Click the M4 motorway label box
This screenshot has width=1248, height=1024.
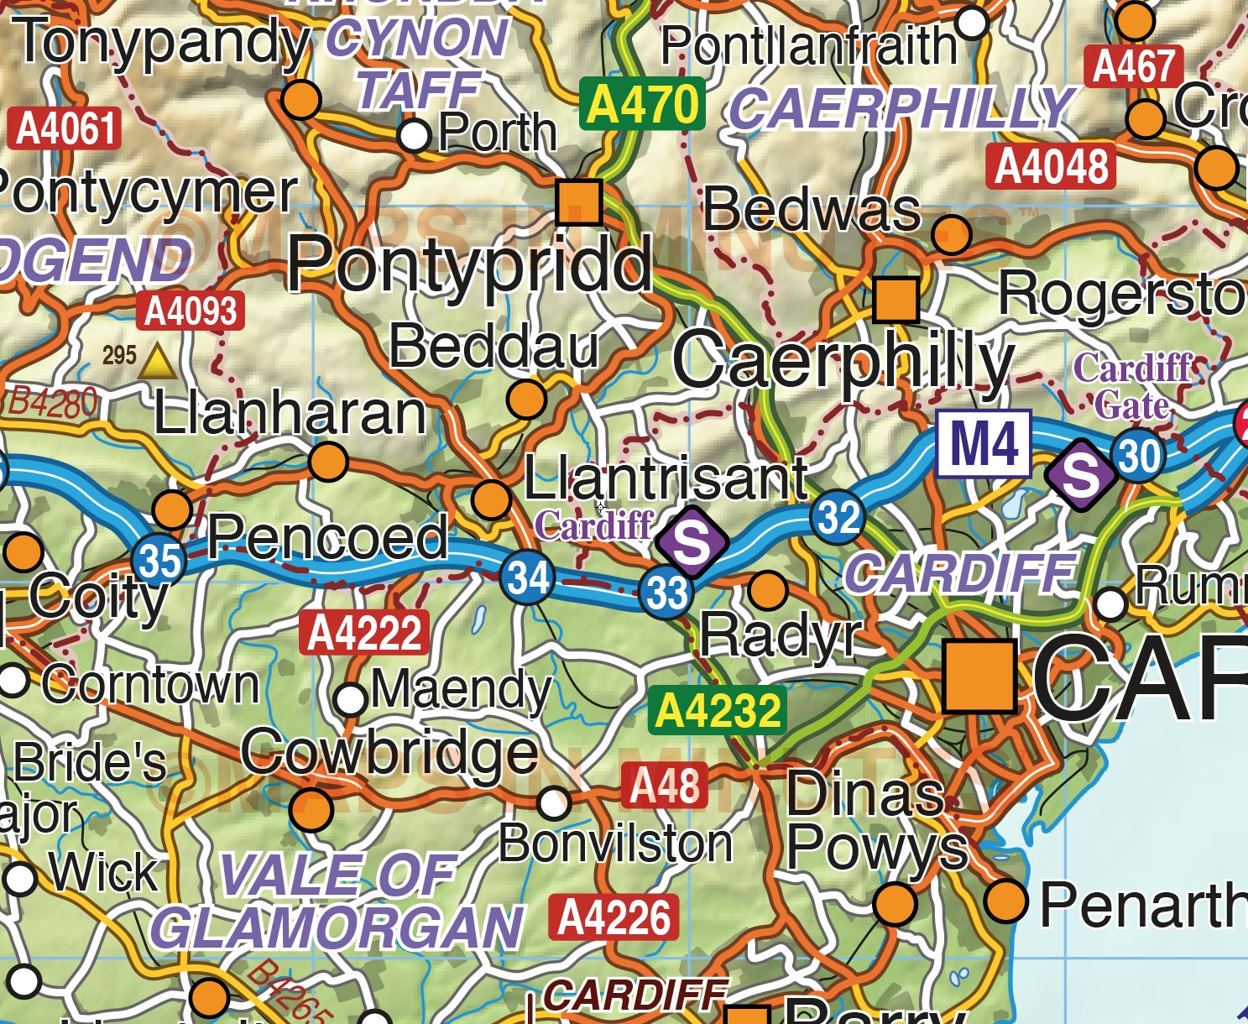coord(983,444)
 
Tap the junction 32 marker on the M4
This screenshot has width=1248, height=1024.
coord(838,518)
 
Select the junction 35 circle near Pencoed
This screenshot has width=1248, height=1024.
coord(159,560)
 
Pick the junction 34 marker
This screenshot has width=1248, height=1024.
coord(527,577)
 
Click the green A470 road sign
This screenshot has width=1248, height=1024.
coord(642,105)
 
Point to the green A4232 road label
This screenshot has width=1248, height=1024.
coord(717,711)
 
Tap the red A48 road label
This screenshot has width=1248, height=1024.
coord(665,786)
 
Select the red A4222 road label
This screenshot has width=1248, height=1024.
coord(364,632)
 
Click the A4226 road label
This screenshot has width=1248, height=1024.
coord(614,917)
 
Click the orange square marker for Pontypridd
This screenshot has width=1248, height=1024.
coord(579,202)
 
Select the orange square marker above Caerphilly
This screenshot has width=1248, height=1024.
coord(896,300)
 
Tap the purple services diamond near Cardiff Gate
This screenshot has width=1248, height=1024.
coord(1081,474)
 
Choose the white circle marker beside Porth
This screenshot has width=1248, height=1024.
coord(414,135)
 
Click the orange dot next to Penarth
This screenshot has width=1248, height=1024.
coord(1005,901)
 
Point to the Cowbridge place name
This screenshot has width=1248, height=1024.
coord(389,752)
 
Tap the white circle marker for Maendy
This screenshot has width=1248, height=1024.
coord(351,698)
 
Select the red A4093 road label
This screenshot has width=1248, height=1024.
coord(191,311)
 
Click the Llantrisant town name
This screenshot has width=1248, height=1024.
coord(666,478)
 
